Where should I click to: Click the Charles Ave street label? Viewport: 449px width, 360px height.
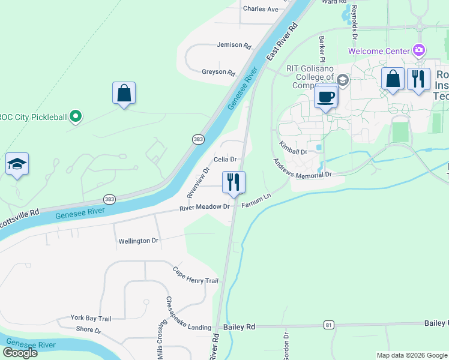[261, 9]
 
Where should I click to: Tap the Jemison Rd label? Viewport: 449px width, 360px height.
[234, 45]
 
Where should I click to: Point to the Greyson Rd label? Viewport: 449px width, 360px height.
[218, 72]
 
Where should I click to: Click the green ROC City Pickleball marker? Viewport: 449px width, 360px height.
[75, 116]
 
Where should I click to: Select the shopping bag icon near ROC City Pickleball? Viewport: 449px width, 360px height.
[124, 94]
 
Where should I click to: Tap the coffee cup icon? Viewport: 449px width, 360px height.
[326, 96]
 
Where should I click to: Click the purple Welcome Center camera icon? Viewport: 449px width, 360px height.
[419, 50]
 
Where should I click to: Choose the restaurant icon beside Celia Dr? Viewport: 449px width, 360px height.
[234, 182]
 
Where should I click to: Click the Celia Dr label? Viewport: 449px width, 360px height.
[226, 159]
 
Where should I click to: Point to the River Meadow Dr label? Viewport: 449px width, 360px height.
[205, 207]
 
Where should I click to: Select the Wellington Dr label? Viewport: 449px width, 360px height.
[138, 241]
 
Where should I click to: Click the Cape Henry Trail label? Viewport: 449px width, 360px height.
[195, 276]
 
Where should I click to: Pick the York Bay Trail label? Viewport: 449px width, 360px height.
[91, 318]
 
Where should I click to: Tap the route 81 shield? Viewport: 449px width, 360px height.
[328, 325]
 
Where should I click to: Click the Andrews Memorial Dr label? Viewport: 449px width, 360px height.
[302, 169]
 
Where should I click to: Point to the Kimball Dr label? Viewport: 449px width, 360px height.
[294, 148]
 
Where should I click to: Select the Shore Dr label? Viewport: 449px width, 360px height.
[89, 330]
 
